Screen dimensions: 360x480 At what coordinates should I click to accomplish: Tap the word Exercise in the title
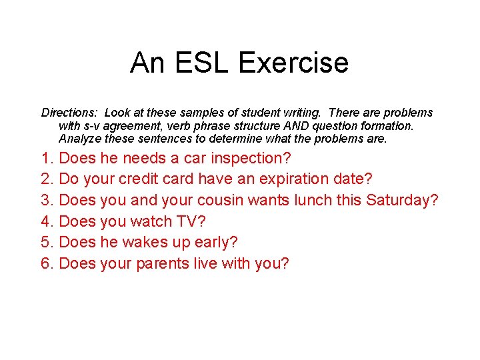(293, 63)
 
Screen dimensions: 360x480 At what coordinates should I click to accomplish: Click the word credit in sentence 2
(151, 179)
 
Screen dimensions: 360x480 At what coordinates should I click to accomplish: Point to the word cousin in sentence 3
(226, 201)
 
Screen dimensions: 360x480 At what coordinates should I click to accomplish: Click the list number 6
(47, 264)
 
